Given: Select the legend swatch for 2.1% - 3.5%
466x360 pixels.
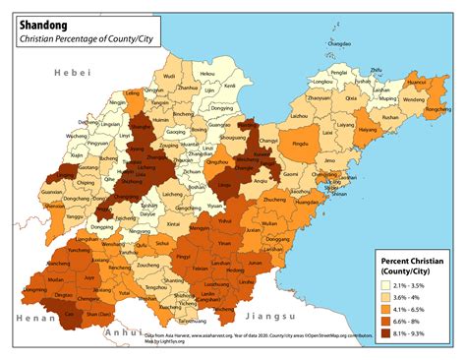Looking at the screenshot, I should (387, 285).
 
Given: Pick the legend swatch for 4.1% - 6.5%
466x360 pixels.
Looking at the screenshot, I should (387, 309).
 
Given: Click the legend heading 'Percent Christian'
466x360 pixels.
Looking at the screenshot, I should (406, 260).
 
